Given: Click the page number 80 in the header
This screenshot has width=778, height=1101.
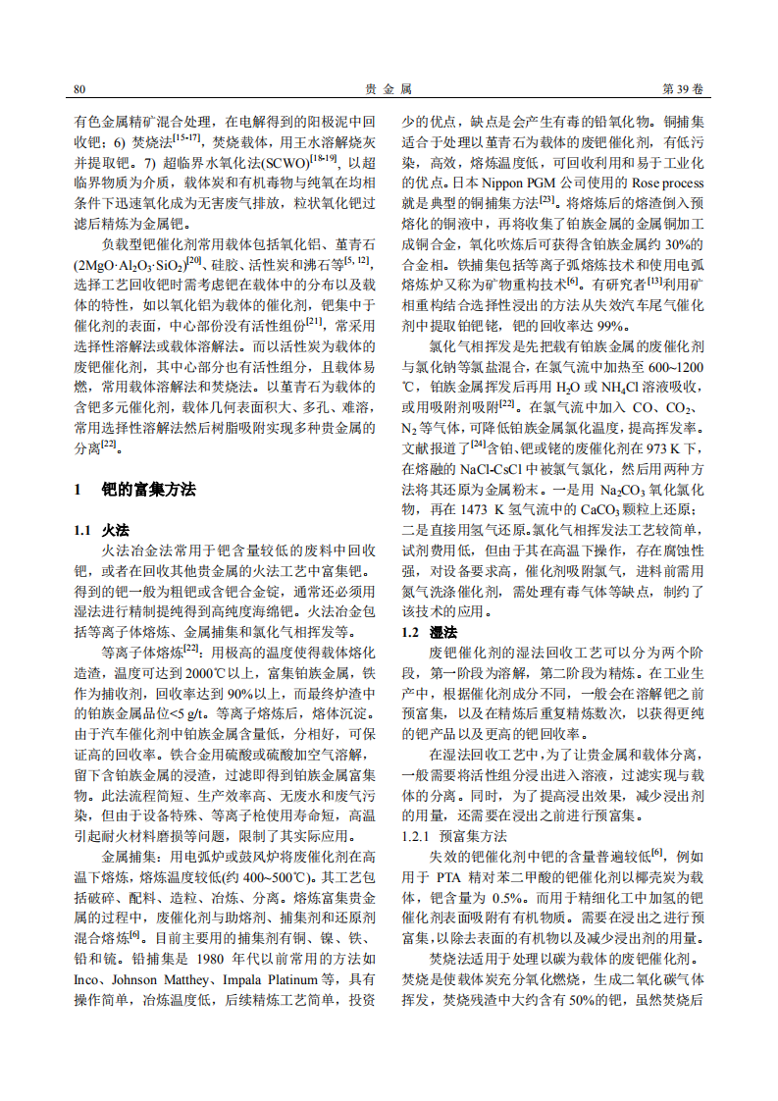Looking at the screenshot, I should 80,89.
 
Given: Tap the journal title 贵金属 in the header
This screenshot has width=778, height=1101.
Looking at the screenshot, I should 389,89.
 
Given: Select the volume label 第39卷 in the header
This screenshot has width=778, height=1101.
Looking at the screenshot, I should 684,89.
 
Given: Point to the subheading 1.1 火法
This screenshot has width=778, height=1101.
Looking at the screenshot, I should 102,530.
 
